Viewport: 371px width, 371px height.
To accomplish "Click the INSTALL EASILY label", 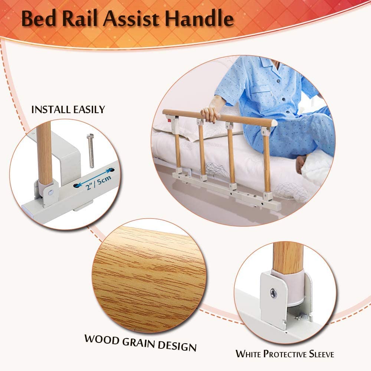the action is coord(68,109).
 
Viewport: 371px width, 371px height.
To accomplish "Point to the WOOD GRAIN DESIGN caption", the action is coord(141,343).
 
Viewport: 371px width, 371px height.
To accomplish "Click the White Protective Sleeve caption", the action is coord(285,354).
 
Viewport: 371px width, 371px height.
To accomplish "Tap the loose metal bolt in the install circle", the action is coord(91,151).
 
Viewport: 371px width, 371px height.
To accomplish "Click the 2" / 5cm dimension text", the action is coord(98,183).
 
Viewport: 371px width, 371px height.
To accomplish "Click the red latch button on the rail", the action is coord(170,121).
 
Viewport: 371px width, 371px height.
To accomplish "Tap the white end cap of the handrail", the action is coord(275,122).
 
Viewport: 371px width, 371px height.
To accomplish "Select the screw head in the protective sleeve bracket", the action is coord(273,293).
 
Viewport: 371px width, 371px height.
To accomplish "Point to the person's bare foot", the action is coord(301,164).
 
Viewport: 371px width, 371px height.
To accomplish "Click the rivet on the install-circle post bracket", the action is coord(51,193).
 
